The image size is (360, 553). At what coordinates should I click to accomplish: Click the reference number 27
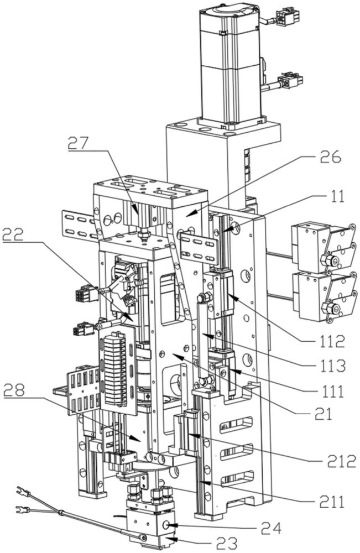[85, 143]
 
